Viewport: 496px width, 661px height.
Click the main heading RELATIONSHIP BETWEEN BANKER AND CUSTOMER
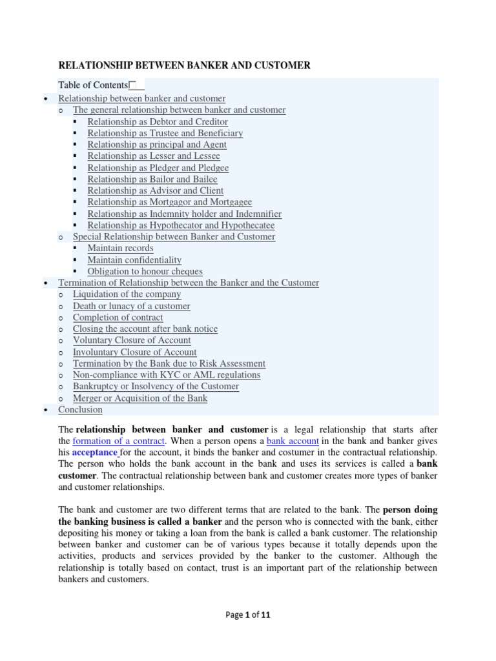click(184, 65)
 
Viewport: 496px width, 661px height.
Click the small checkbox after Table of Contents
click(132, 85)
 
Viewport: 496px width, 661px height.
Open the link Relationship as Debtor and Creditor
click(158, 121)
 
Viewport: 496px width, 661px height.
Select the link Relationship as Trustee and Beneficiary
click(165, 133)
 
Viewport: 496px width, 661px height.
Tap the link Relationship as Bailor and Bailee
click(152, 179)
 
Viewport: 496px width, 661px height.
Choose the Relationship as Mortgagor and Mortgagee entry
click(170, 202)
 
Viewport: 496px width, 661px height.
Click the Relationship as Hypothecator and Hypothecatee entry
click(181, 225)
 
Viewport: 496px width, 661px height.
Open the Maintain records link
click(120, 248)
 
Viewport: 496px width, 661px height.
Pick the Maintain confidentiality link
click(134, 259)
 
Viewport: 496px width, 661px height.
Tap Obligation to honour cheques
click(145, 271)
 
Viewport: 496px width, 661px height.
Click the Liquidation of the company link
click(127, 294)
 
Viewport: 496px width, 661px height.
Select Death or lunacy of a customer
click(131, 306)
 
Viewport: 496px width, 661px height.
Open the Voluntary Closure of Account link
click(132, 340)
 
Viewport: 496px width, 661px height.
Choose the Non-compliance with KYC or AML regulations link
click(167, 374)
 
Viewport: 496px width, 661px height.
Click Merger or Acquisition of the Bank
click(140, 398)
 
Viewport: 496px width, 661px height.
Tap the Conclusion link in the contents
click(80, 409)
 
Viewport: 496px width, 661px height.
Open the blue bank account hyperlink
click(293, 441)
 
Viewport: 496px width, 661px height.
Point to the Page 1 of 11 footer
click(248, 615)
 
